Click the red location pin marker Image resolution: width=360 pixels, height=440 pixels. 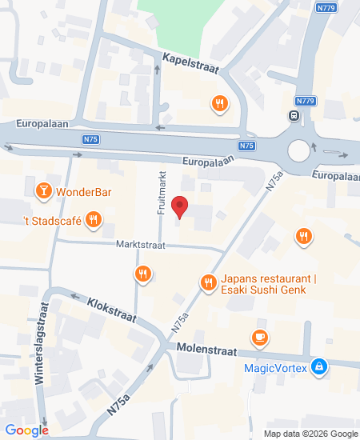click(180, 206)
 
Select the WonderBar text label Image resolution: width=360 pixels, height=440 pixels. click(83, 192)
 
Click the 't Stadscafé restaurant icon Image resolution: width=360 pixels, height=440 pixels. click(94, 219)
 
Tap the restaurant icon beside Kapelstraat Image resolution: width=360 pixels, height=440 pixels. click(219, 102)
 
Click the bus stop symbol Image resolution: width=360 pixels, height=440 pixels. click(294, 115)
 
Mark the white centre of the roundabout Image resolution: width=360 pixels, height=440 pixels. click(299, 150)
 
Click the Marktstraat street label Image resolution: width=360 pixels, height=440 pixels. click(140, 246)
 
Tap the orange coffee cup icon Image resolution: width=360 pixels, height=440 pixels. click(259, 338)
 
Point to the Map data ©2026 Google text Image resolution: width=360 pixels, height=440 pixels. click(311, 434)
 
